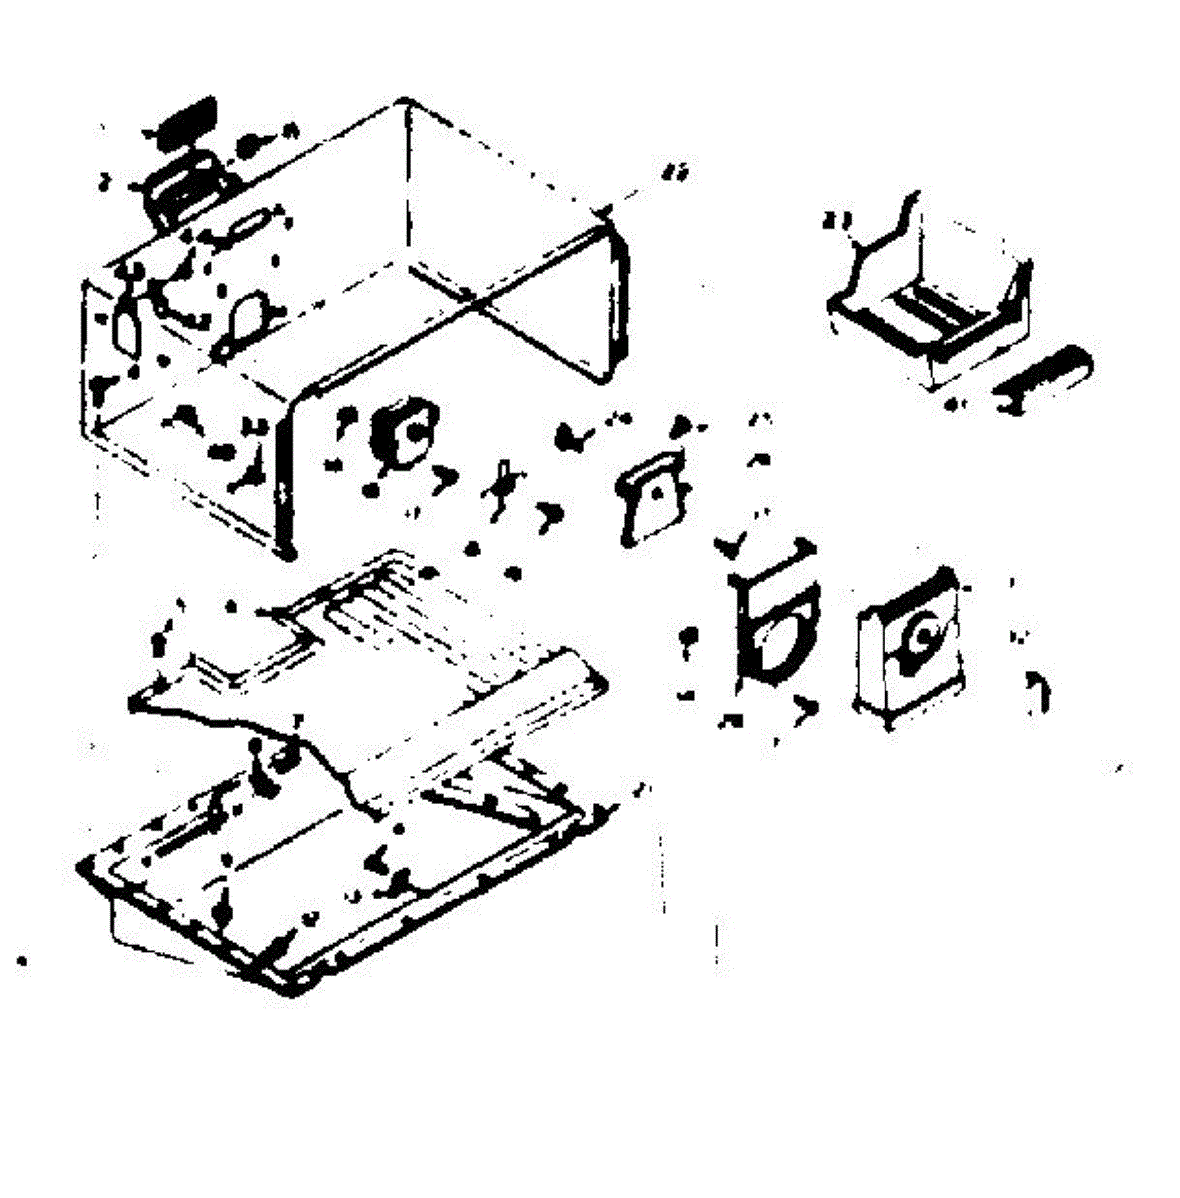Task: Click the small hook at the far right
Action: point(1038,689)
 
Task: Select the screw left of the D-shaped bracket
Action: point(687,639)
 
